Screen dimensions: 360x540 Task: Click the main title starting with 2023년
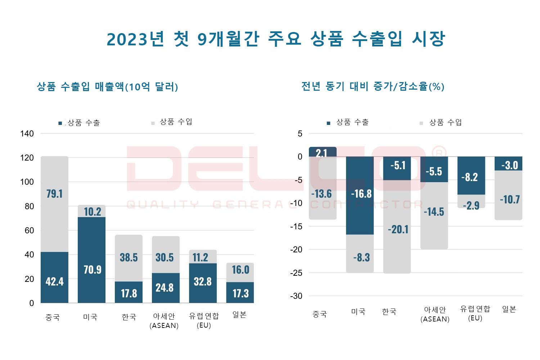[x=276, y=39]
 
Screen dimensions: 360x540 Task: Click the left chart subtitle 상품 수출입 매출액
[x=107, y=87]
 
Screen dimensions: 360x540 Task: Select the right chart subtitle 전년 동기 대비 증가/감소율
[x=373, y=86]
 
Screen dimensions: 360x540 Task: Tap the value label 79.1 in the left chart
[x=54, y=194]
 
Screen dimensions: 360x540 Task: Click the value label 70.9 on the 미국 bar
[x=93, y=269]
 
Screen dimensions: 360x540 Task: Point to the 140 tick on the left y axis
[x=27, y=134]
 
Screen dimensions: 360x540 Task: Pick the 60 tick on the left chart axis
[x=29, y=230]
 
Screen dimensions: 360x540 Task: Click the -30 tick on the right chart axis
[x=296, y=296]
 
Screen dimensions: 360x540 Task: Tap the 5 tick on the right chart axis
[x=300, y=134]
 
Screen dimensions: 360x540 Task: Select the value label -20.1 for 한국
[x=398, y=229]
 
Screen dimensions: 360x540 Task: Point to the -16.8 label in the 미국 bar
[x=361, y=194]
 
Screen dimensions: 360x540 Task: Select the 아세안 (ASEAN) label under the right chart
[x=435, y=314]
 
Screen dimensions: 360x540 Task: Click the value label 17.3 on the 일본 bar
[x=240, y=293]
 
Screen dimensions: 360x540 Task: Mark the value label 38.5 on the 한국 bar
[x=129, y=257]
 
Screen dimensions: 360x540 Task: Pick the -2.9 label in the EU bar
[x=471, y=205]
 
